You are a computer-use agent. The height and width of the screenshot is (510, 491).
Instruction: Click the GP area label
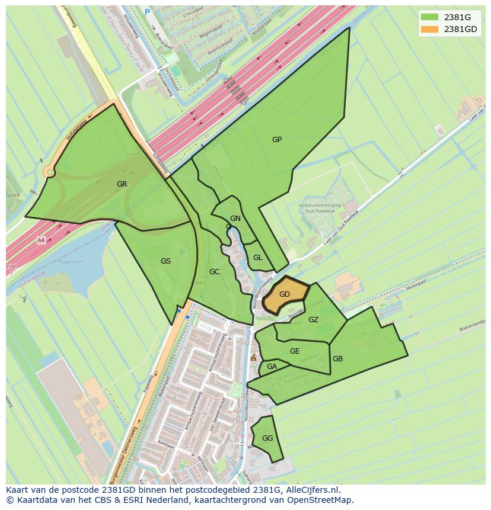[277, 140]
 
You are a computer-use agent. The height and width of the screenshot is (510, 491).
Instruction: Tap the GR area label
[122, 184]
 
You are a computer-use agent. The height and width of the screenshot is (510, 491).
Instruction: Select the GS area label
[165, 261]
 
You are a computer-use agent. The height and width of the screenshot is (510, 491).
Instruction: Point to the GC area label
[215, 272]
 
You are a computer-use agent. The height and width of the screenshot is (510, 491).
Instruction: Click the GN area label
[235, 219]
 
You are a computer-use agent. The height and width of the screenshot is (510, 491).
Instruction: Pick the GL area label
[258, 258]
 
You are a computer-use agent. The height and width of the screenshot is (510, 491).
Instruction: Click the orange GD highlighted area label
[285, 294]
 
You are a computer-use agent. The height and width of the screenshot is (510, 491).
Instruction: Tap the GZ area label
[314, 320]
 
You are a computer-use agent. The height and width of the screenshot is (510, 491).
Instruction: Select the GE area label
[295, 351]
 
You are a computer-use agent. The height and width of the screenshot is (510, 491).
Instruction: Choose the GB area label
[337, 359]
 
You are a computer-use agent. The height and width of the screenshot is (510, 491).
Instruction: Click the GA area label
[272, 367]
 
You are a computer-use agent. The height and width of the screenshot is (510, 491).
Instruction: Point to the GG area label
[267, 438]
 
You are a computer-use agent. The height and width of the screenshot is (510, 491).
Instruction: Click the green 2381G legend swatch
[430, 17]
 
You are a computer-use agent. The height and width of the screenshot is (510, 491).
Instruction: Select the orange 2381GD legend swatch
[430, 29]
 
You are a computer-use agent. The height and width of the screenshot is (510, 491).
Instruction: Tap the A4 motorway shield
[41, 240]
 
